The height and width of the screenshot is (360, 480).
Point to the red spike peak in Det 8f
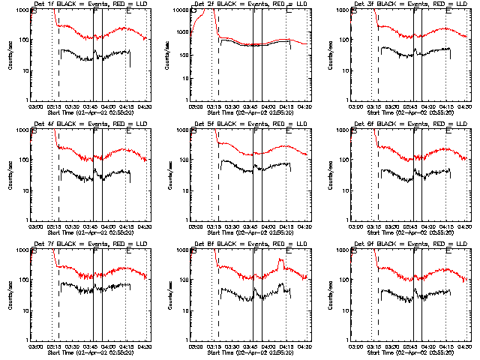click(x=280, y=260)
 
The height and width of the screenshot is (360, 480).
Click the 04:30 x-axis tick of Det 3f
click(x=466, y=106)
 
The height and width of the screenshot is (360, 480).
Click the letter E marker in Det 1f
click(x=128, y=13)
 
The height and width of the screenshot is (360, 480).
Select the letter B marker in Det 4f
click(x=34, y=133)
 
